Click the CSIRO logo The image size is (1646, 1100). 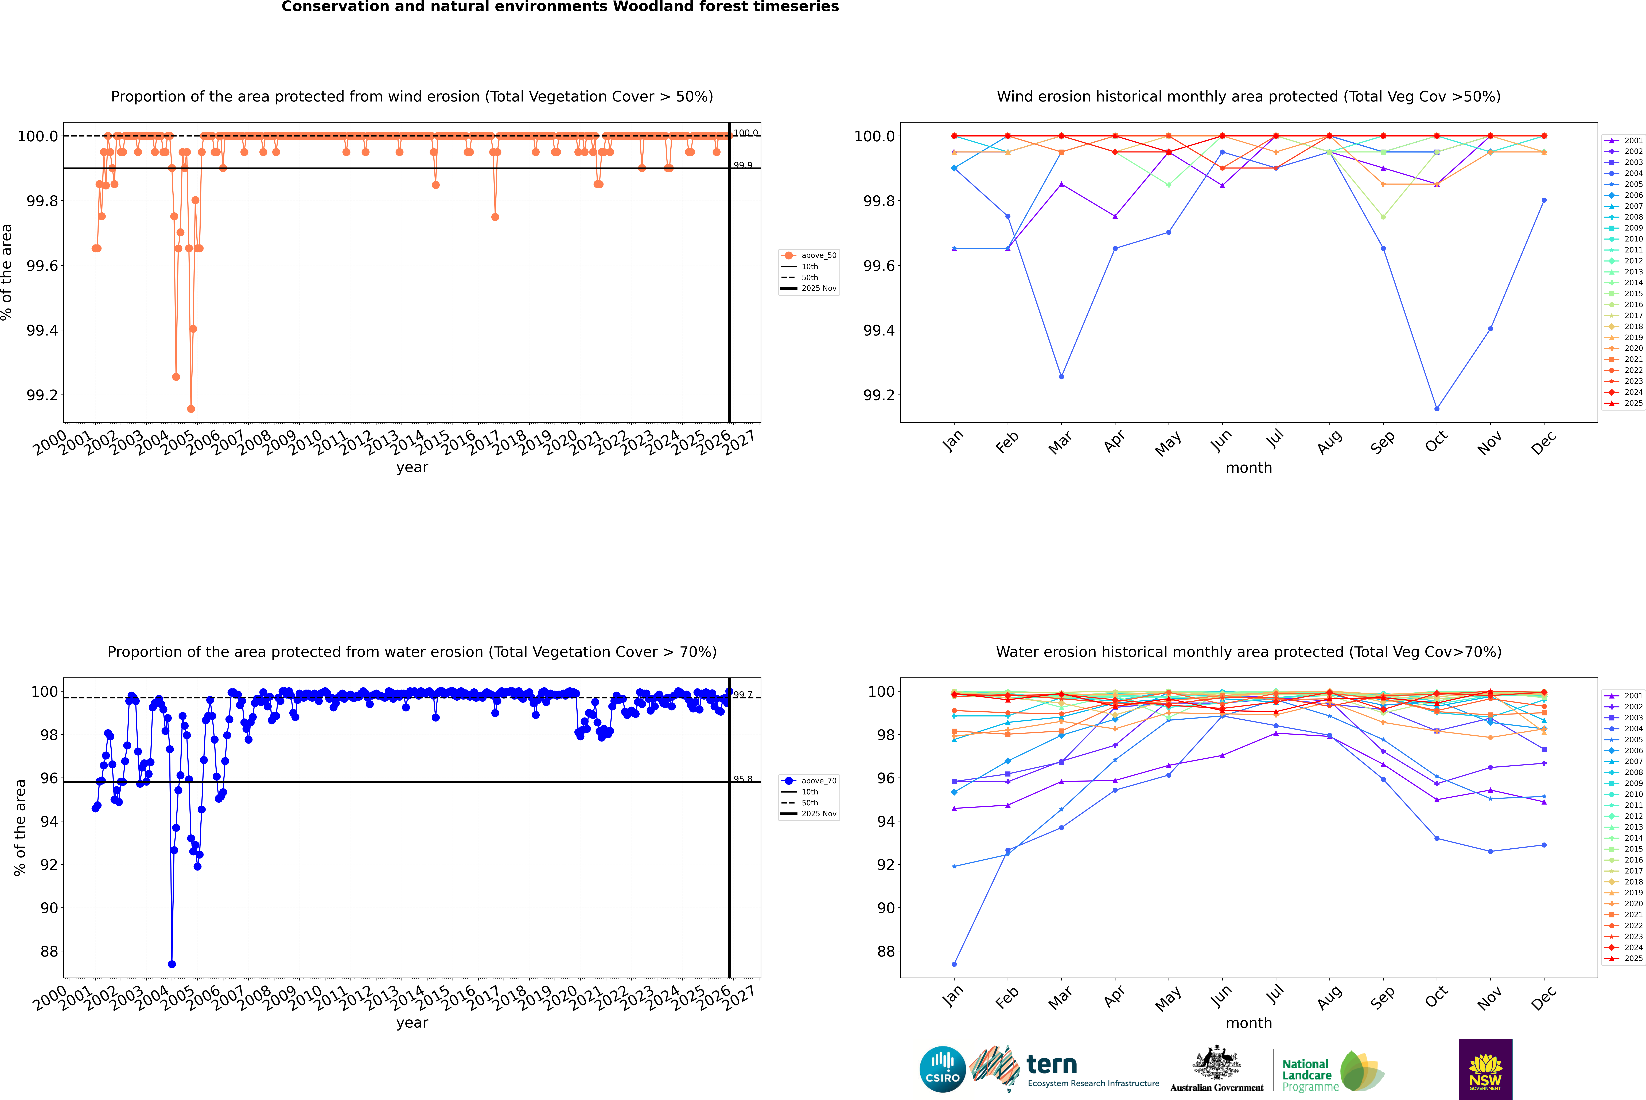pyautogui.click(x=942, y=1069)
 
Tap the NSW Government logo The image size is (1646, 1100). pyautogui.click(x=1485, y=1069)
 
